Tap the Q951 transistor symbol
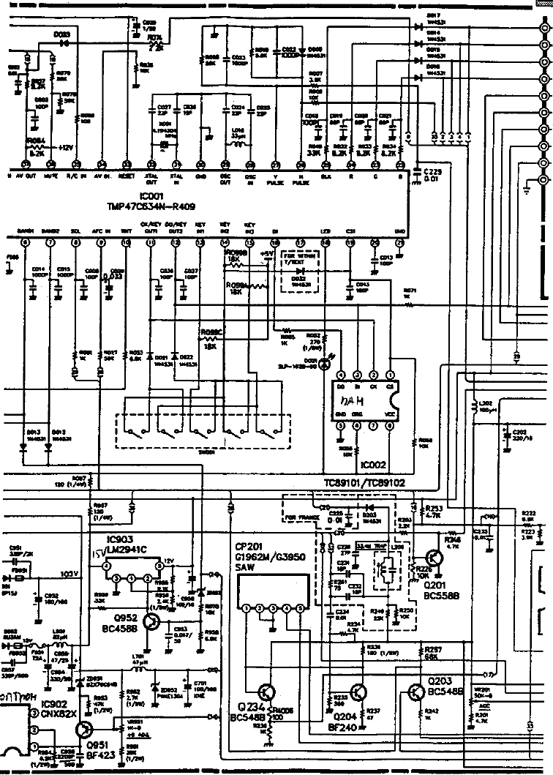pyautogui.click(x=86, y=730)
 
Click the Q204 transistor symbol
pyautogui.click(x=358, y=692)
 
